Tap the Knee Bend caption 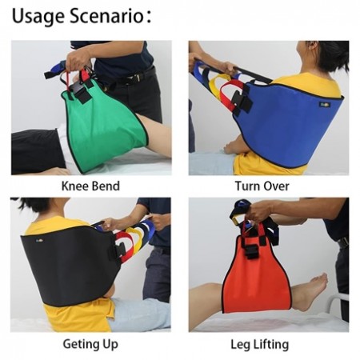[90, 186]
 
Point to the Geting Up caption [90, 344]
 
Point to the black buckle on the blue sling [245, 103]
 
